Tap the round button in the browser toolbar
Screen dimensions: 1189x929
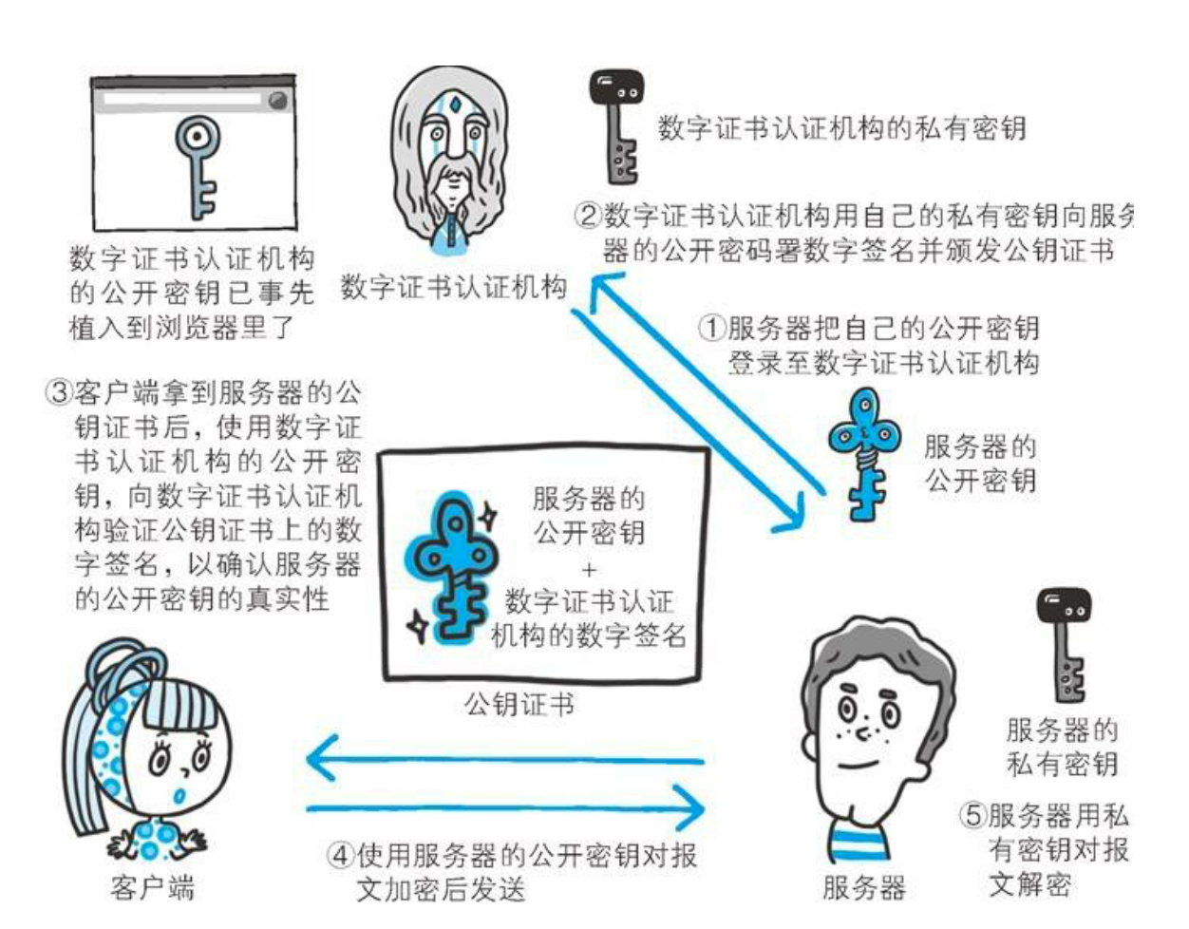[278, 101]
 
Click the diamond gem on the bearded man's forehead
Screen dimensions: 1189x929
[454, 104]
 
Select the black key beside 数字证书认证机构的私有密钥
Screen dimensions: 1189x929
[616, 126]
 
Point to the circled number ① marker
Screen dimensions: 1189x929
[712, 328]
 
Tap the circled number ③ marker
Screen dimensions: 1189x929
[59, 392]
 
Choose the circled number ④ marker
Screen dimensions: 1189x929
[340, 856]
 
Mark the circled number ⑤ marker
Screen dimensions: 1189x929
[973, 815]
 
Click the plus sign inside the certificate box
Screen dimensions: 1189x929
[589, 570]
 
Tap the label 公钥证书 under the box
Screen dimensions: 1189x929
[519, 704]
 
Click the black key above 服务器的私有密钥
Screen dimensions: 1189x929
[1064, 644]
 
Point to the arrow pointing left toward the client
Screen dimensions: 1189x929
[505, 759]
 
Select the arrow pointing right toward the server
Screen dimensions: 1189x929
[505, 808]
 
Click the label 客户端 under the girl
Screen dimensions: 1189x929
[152, 887]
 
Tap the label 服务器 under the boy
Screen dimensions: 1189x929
[864, 887]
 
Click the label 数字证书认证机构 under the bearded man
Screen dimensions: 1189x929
[454, 287]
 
